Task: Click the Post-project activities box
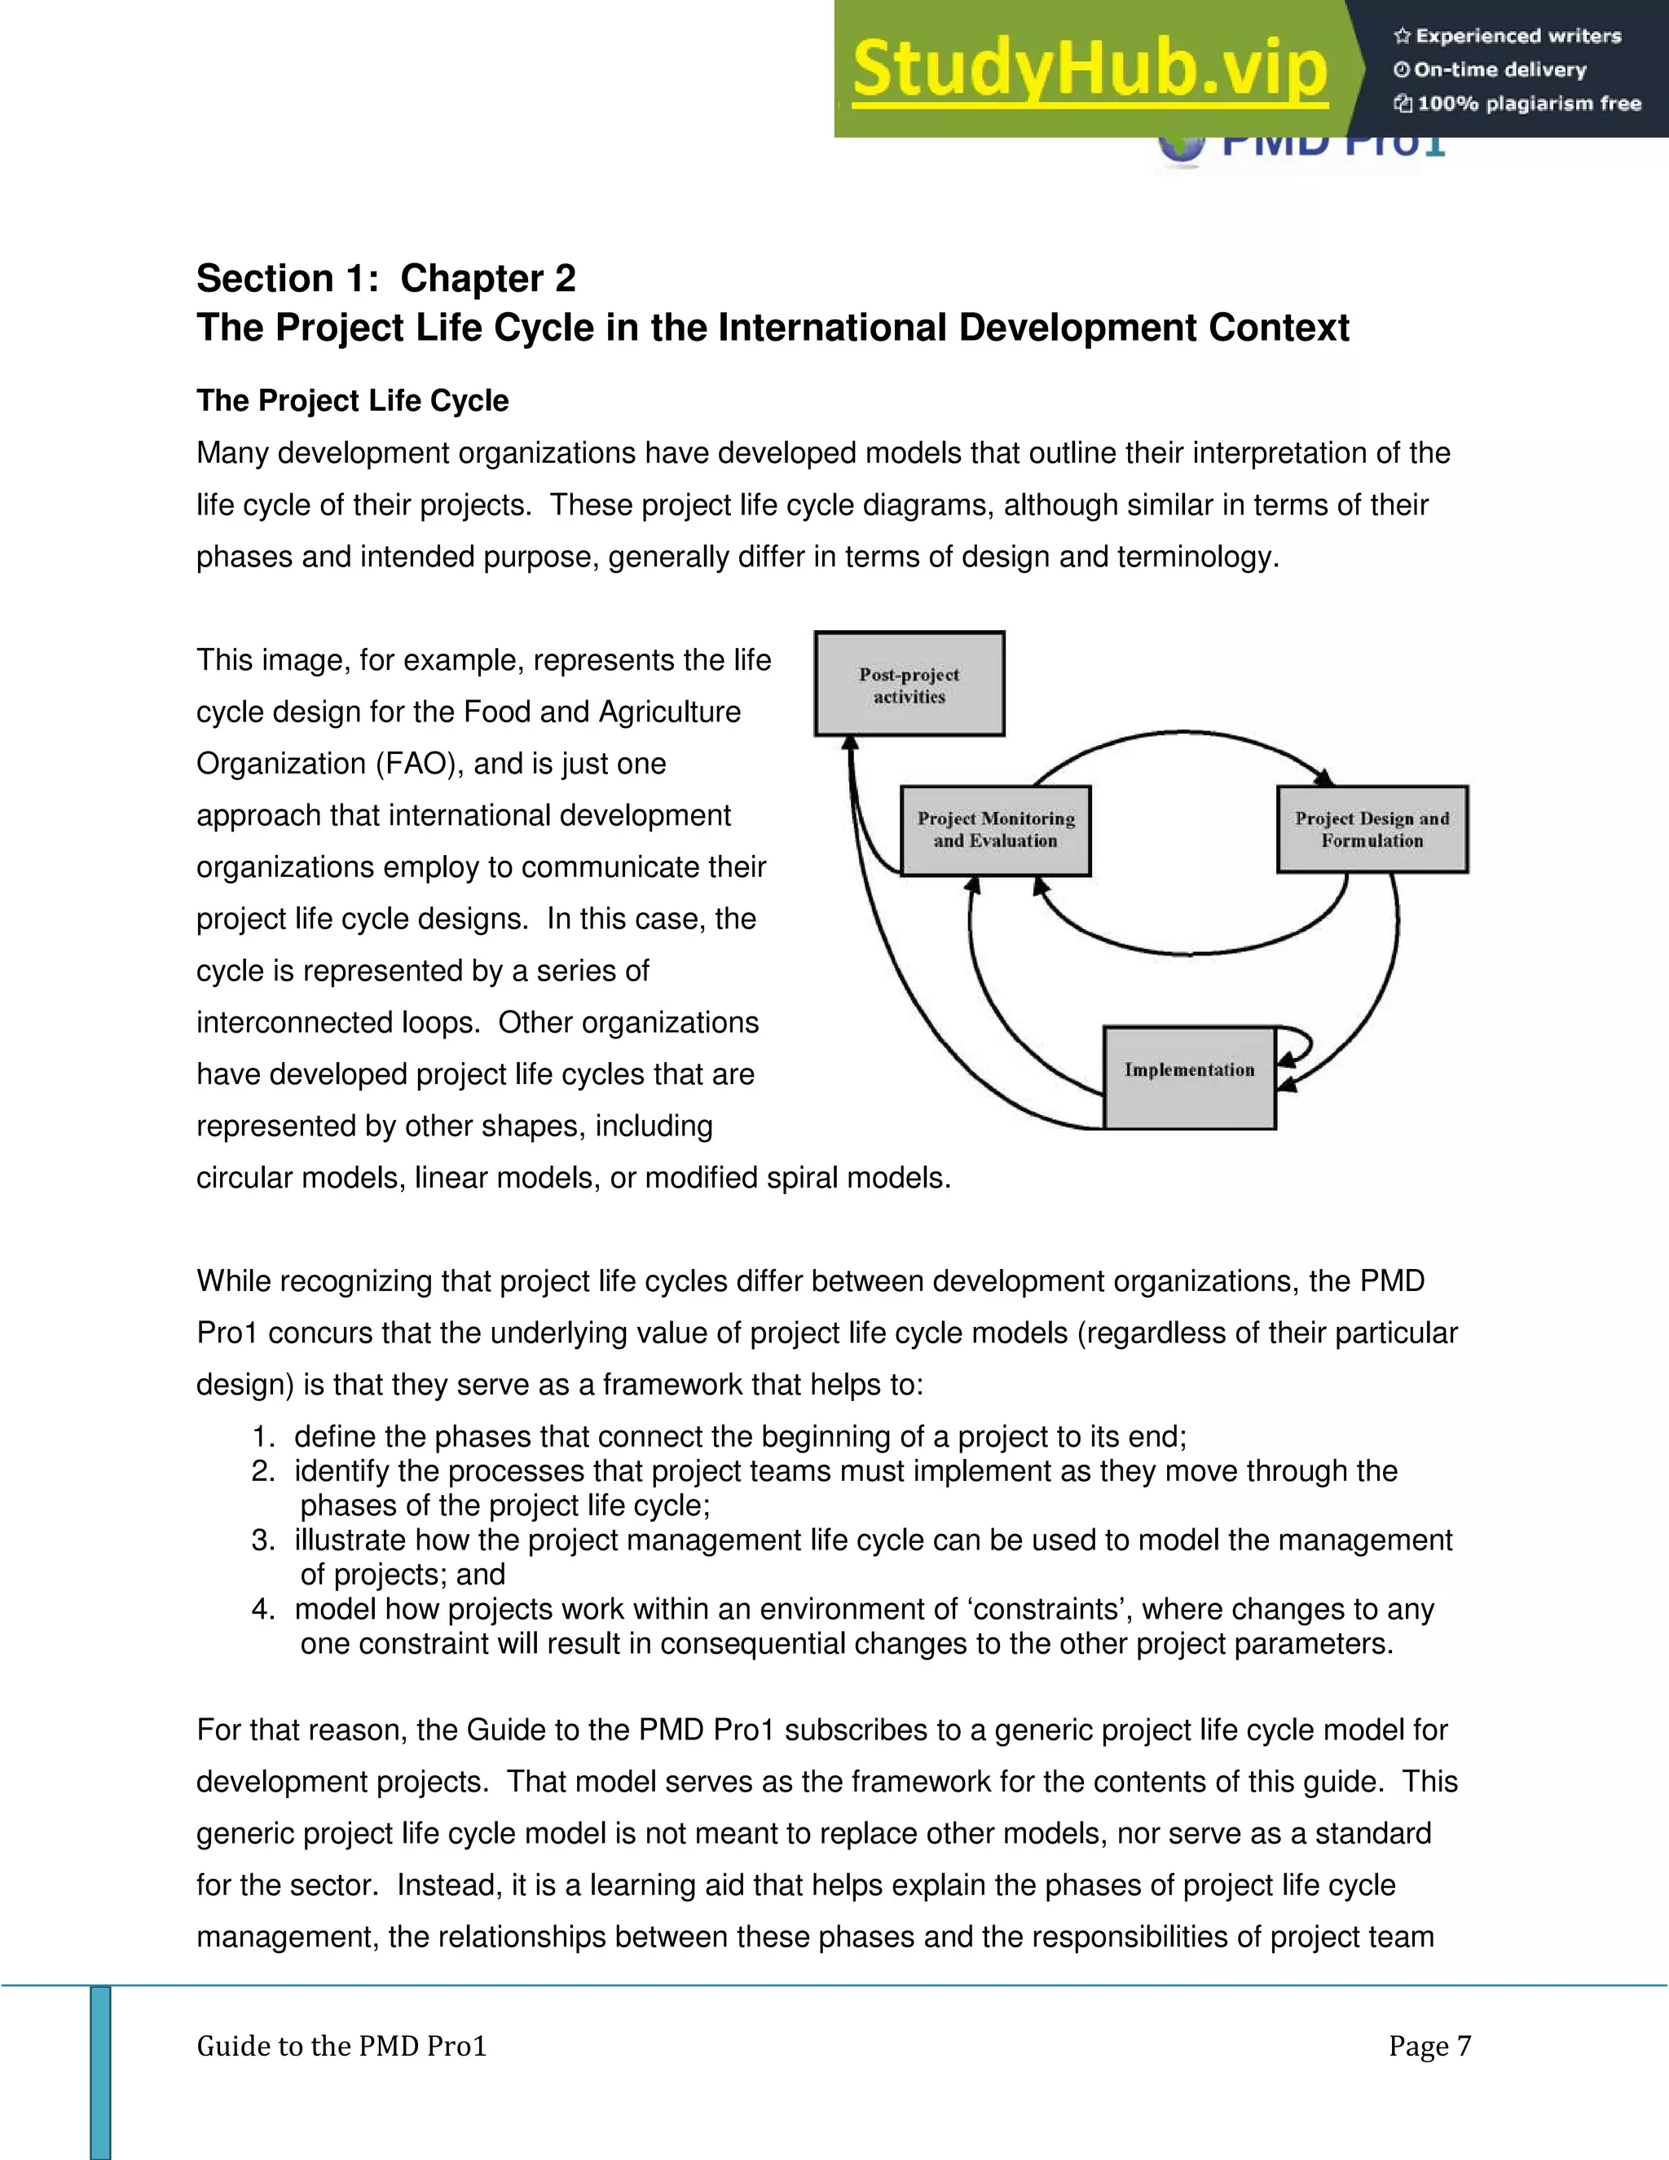click(909, 685)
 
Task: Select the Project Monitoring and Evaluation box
click(995, 830)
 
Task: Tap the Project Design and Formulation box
click(1372, 829)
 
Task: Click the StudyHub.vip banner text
click(1089, 69)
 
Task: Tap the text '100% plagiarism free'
click(1528, 104)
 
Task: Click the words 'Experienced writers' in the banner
click(1517, 37)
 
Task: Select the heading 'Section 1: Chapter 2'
click(385, 279)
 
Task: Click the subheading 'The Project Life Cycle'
click(352, 400)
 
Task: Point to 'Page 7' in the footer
click(1429, 2045)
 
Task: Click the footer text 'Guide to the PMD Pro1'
click(341, 2045)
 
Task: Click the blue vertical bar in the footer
click(101, 2072)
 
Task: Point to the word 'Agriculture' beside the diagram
click(669, 712)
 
